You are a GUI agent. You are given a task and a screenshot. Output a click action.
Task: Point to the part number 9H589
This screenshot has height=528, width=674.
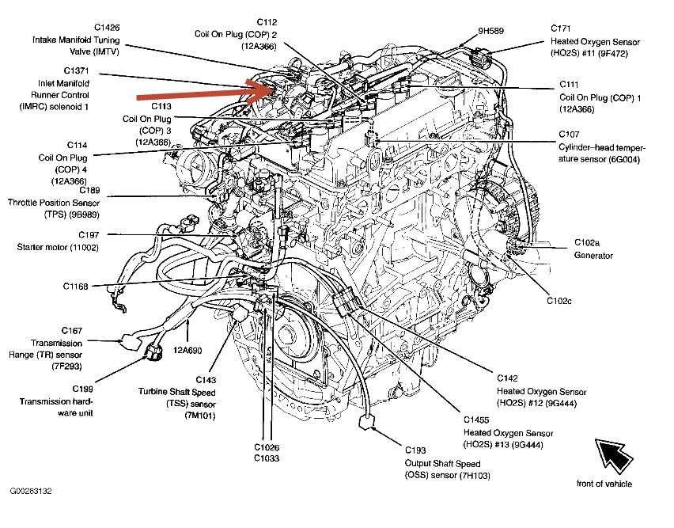pos(491,32)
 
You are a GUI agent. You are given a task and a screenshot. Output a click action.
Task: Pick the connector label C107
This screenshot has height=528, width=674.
pos(570,134)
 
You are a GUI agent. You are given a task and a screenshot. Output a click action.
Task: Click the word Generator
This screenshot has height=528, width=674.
pos(593,256)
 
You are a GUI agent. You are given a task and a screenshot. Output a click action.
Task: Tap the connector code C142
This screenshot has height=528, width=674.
pos(508,377)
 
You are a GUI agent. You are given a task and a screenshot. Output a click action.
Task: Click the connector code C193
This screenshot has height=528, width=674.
pos(415,450)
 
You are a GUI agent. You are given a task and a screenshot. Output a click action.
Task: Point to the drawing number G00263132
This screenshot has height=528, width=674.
pos(31,492)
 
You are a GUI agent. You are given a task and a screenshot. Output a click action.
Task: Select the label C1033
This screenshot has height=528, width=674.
pos(267,458)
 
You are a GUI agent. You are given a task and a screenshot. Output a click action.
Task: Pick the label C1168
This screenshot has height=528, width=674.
pos(79,286)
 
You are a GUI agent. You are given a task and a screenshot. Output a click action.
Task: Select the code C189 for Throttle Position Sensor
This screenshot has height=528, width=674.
pos(89,190)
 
